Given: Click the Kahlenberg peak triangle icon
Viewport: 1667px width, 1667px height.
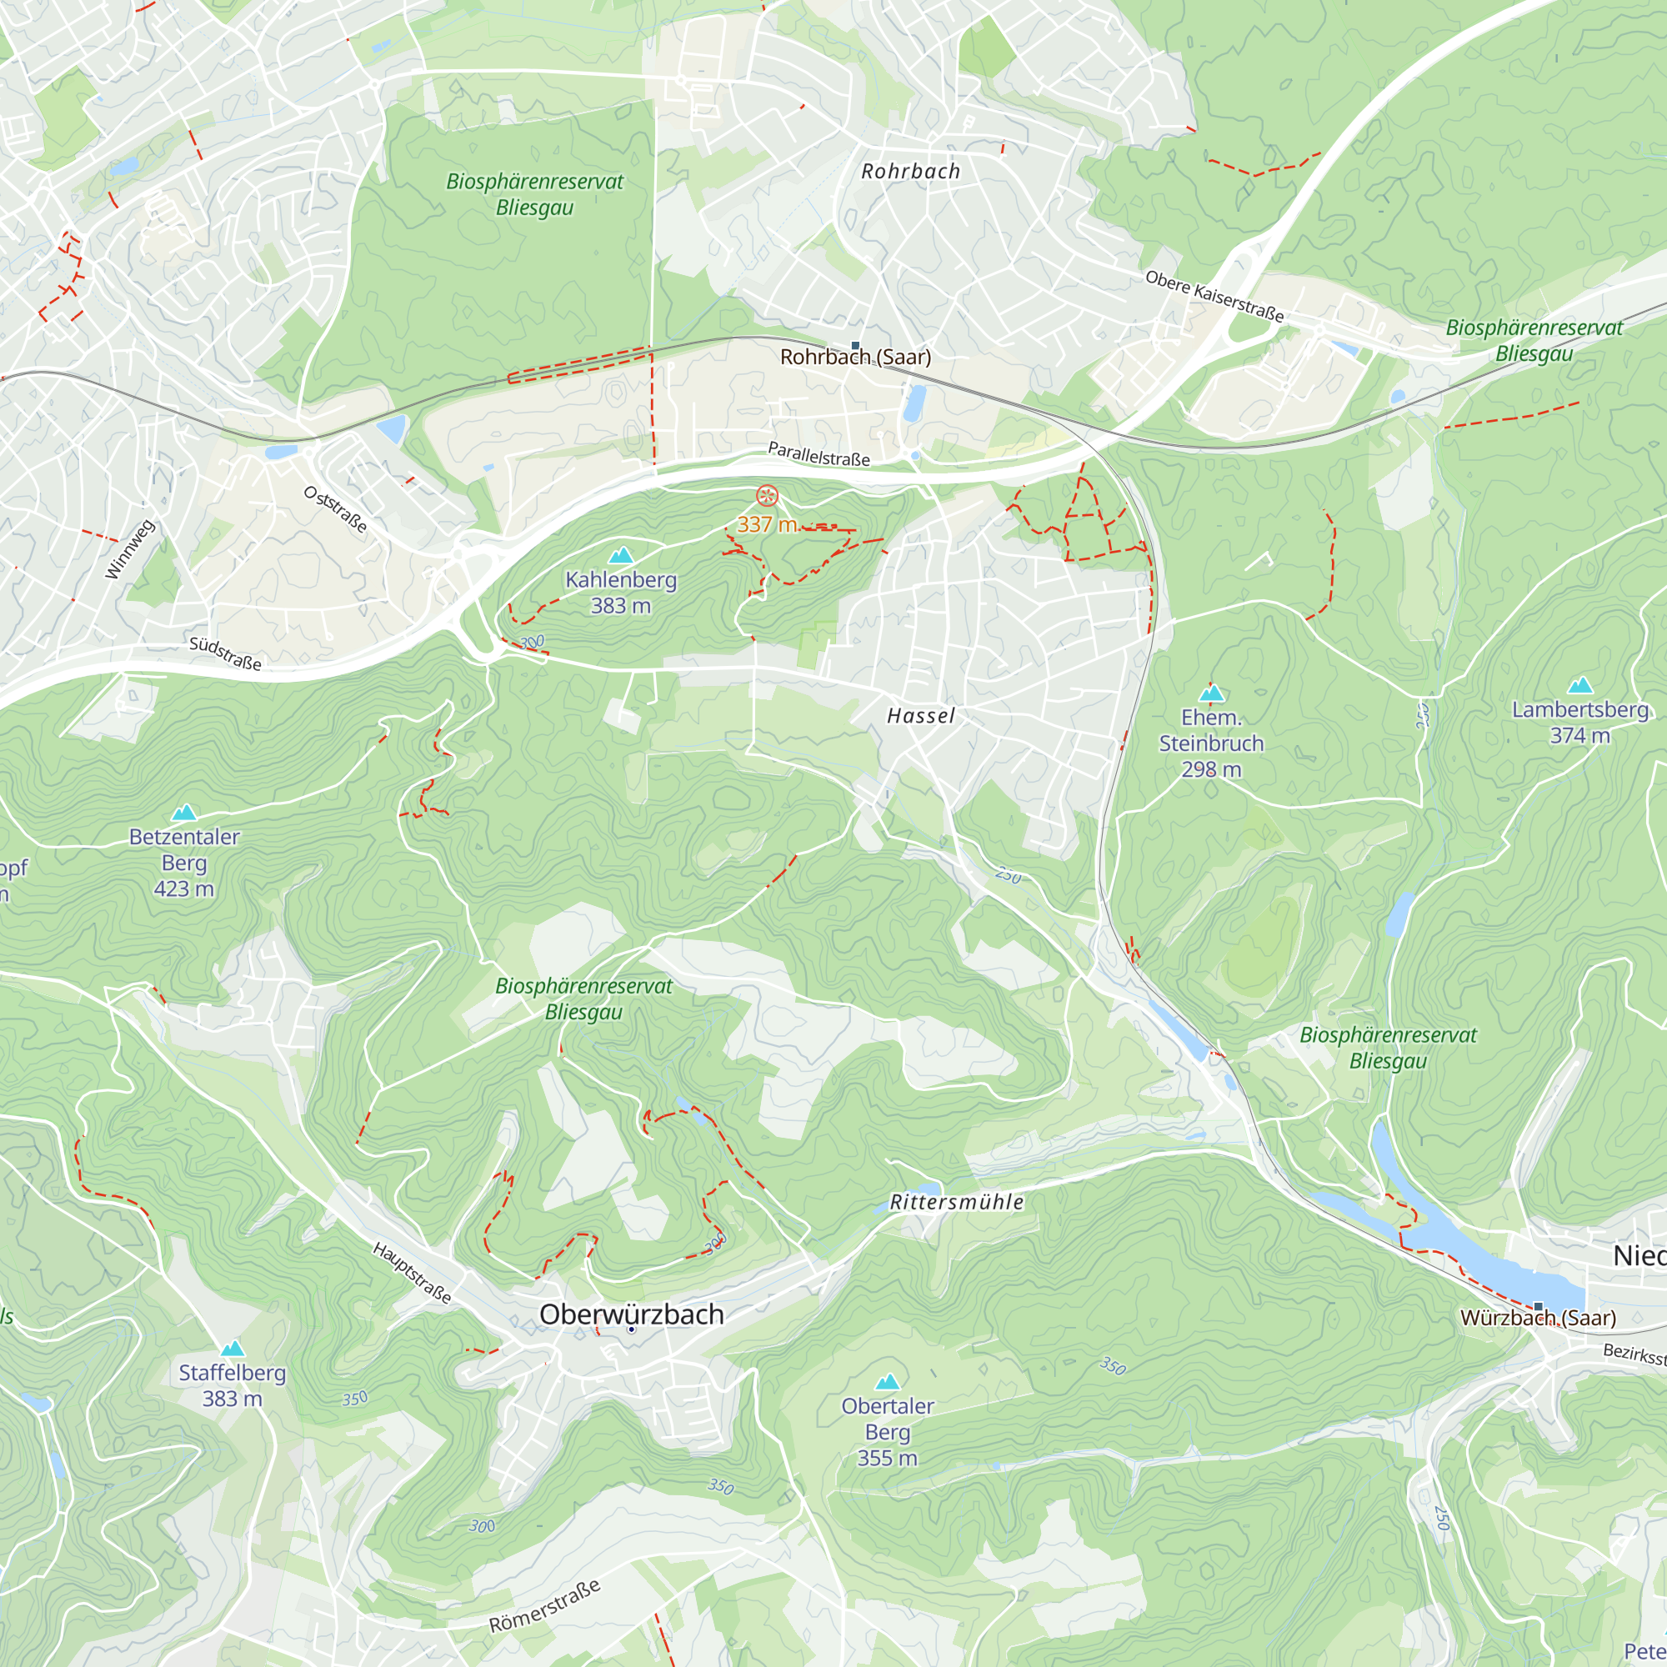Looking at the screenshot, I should (620, 556).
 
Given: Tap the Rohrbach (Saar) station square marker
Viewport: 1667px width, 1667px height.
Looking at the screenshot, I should (856, 346).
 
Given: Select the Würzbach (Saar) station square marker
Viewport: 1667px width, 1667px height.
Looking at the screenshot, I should (1538, 1307).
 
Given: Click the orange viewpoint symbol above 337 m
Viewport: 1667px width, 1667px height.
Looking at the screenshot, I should (767, 495).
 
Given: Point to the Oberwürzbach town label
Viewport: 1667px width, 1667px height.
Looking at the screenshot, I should (631, 1314).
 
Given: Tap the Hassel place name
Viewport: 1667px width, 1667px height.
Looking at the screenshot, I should (921, 715).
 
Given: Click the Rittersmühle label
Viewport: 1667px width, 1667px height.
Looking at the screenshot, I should (957, 1202).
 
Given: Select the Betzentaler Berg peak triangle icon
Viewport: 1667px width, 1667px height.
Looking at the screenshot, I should (183, 813).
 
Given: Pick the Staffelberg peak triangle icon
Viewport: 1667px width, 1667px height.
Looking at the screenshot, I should (232, 1349).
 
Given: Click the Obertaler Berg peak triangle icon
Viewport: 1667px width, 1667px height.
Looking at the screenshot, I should (887, 1382).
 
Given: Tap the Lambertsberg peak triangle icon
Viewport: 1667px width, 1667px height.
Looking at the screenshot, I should (1579, 686).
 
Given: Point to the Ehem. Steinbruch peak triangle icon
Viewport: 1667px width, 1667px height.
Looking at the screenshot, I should (1211, 693).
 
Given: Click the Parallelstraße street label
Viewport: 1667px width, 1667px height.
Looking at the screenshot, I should (818, 454).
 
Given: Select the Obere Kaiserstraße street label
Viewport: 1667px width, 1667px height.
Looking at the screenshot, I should (1214, 296).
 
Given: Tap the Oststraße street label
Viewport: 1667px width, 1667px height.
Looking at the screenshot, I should (335, 509).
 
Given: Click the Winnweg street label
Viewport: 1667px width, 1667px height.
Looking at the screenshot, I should (129, 549).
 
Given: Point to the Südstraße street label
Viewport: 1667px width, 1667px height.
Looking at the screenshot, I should (225, 653).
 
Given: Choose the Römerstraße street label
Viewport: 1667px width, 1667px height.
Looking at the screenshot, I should (544, 1607).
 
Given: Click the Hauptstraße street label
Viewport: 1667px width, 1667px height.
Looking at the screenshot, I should (413, 1273).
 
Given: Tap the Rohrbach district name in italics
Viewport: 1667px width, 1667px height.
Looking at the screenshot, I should (910, 172).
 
